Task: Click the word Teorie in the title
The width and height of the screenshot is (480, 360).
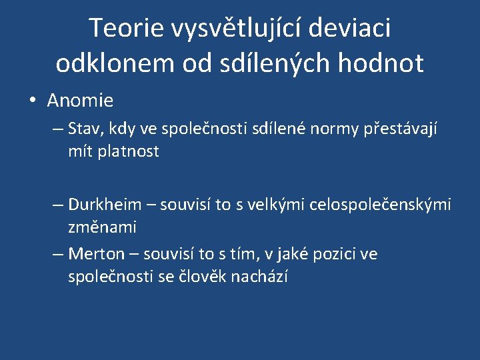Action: point(126,28)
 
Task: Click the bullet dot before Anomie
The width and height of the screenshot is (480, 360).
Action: point(32,101)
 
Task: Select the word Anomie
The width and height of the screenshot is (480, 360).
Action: point(80,101)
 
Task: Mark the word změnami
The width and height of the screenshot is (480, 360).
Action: point(102,227)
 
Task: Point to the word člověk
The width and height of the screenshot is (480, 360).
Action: point(205,277)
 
